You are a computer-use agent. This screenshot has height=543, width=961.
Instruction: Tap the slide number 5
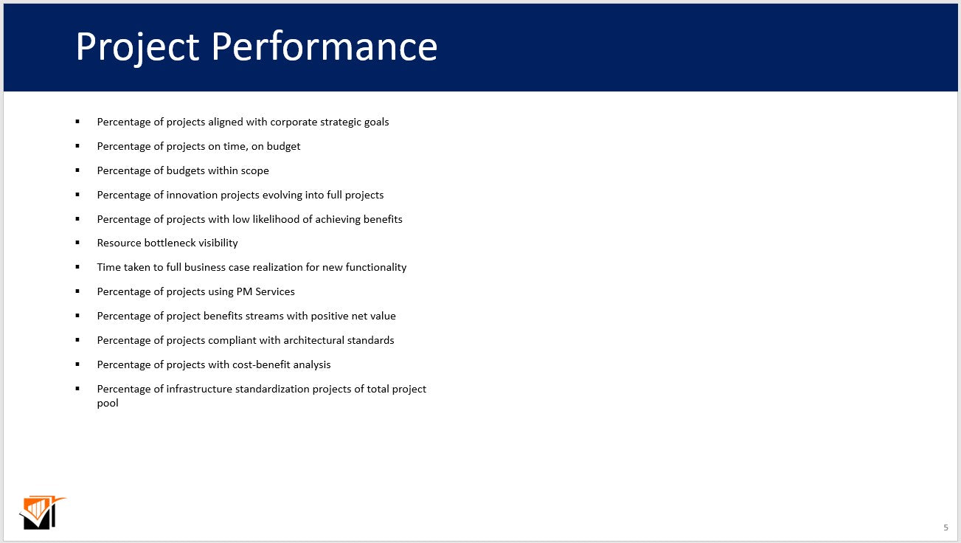946,528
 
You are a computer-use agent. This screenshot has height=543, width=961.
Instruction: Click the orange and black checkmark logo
41,513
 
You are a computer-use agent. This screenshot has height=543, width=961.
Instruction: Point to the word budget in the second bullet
283,146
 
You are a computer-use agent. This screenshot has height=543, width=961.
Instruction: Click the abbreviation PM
244,291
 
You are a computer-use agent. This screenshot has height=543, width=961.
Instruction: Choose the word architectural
314,340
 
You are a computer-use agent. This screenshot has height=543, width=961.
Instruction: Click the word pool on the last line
108,403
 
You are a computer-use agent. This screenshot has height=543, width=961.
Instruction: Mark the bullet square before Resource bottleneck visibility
77,243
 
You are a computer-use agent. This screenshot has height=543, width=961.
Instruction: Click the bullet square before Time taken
77,267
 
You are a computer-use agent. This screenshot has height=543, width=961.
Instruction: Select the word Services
275,291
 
